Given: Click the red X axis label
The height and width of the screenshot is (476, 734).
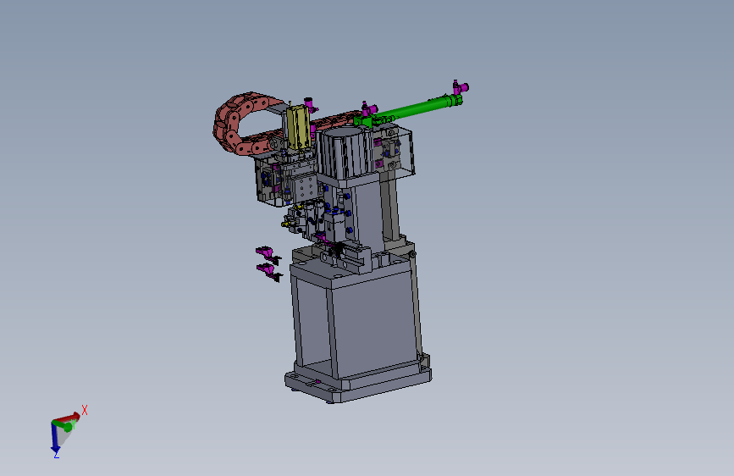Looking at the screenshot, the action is point(85,411).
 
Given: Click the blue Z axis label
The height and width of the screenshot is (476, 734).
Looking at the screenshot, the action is point(56,455).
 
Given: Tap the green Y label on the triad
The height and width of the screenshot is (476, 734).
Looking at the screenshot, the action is point(74,424).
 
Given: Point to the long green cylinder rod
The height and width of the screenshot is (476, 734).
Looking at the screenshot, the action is point(412,108).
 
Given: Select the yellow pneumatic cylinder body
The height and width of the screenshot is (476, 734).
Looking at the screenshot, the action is point(298,127).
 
